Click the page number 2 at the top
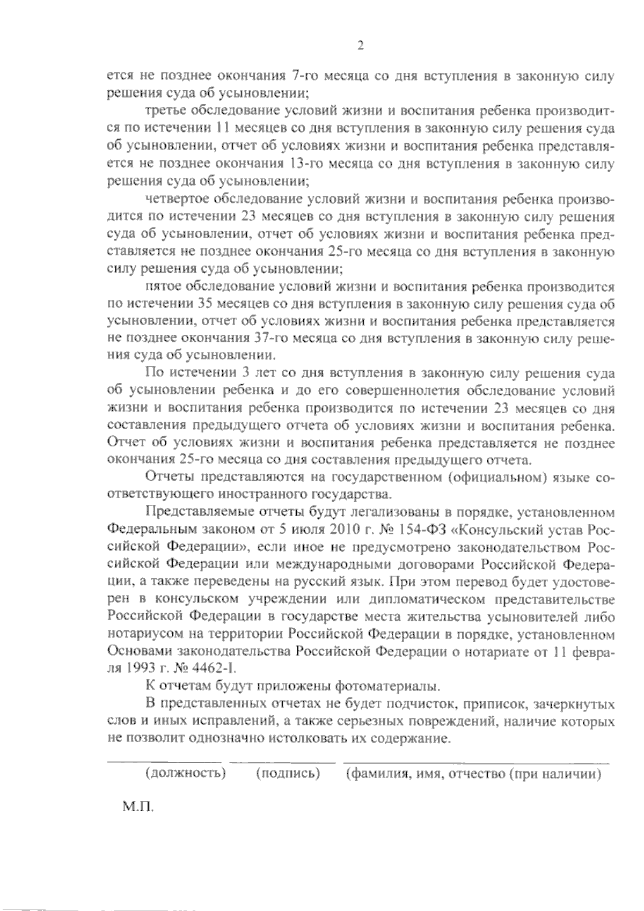click(361, 46)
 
